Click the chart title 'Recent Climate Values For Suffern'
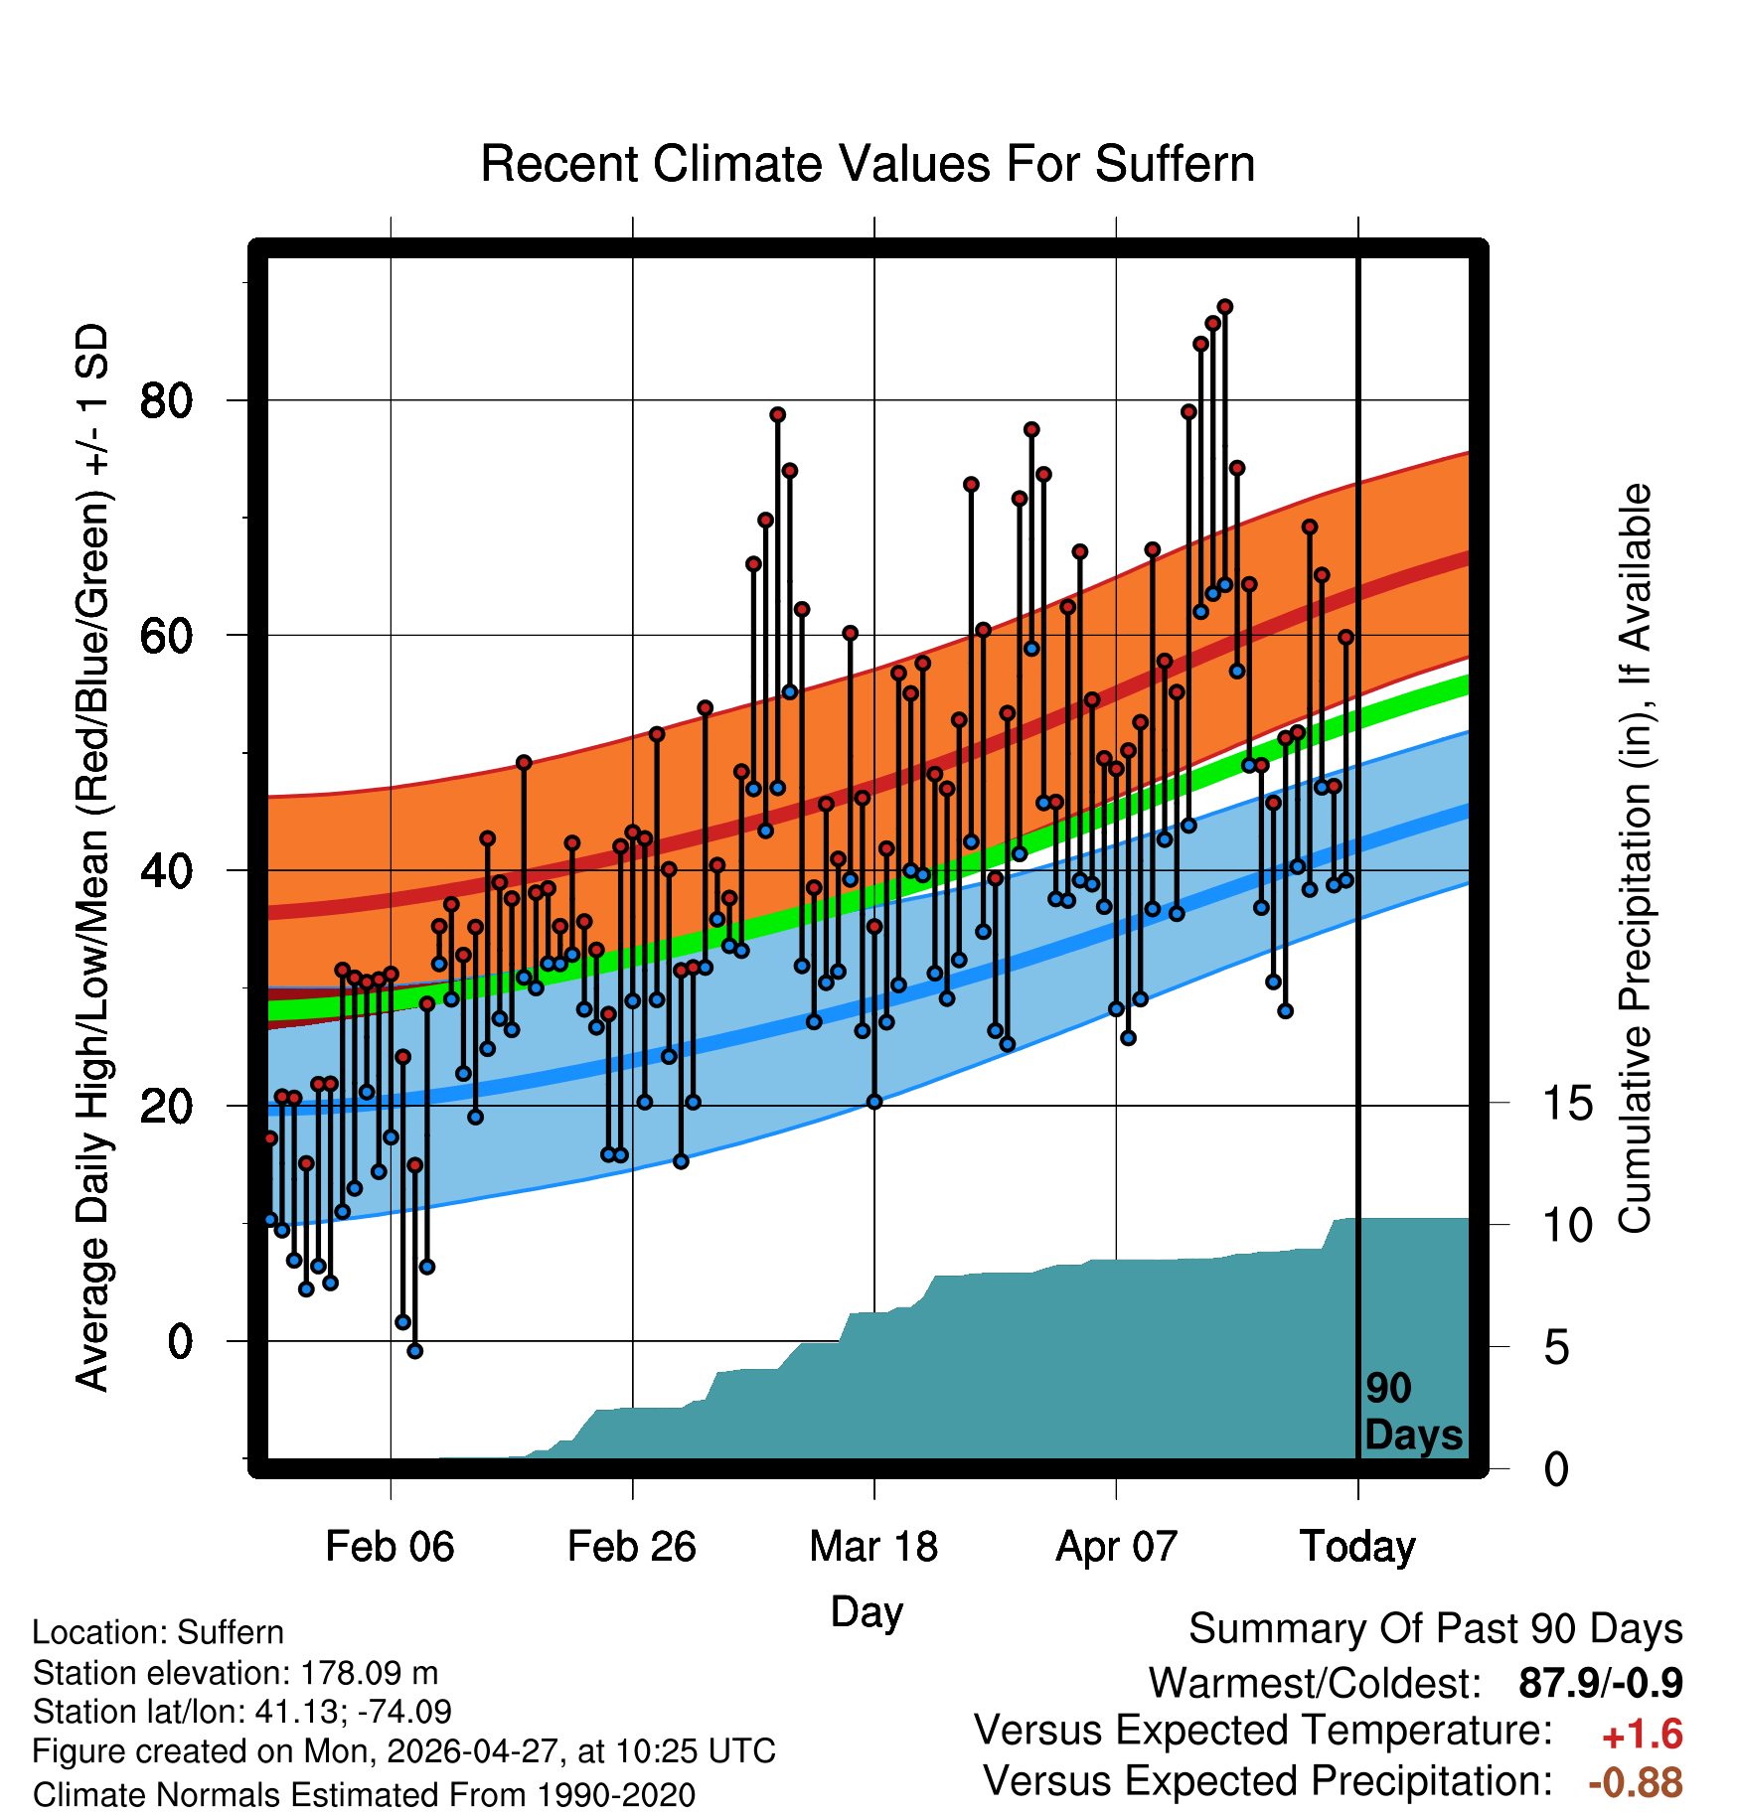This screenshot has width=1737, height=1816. click(x=868, y=164)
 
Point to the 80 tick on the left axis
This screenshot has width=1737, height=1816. click(x=167, y=401)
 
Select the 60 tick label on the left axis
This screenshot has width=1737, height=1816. click(x=167, y=636)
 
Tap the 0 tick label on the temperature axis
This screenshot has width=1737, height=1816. click(x=180, y=1341)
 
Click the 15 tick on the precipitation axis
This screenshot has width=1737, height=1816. click(x=1568, y=1104)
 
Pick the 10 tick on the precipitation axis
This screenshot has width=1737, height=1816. click(x=1568, y=1226)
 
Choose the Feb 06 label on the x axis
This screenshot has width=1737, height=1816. click(x=390, y=1547)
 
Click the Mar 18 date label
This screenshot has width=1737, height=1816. click(x=873, y=1547)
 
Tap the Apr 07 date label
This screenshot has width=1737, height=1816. click(x=1116, y=1547)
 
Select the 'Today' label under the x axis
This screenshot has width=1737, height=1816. click(x=1357, y=1547)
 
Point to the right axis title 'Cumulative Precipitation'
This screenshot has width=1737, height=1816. click(x=1635, y=858)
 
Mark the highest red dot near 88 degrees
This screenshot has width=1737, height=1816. click(x=1224, y=307)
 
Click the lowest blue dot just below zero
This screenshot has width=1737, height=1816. click(x=414, y=1351)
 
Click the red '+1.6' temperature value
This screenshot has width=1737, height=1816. click(x=1642, y=1735)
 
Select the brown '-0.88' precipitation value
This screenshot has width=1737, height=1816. click(x=1636, y=1782)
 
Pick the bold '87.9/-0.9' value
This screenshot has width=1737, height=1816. click(x=1601, y=1683)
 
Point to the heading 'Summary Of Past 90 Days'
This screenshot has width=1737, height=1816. click(x=1436, y=1629)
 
